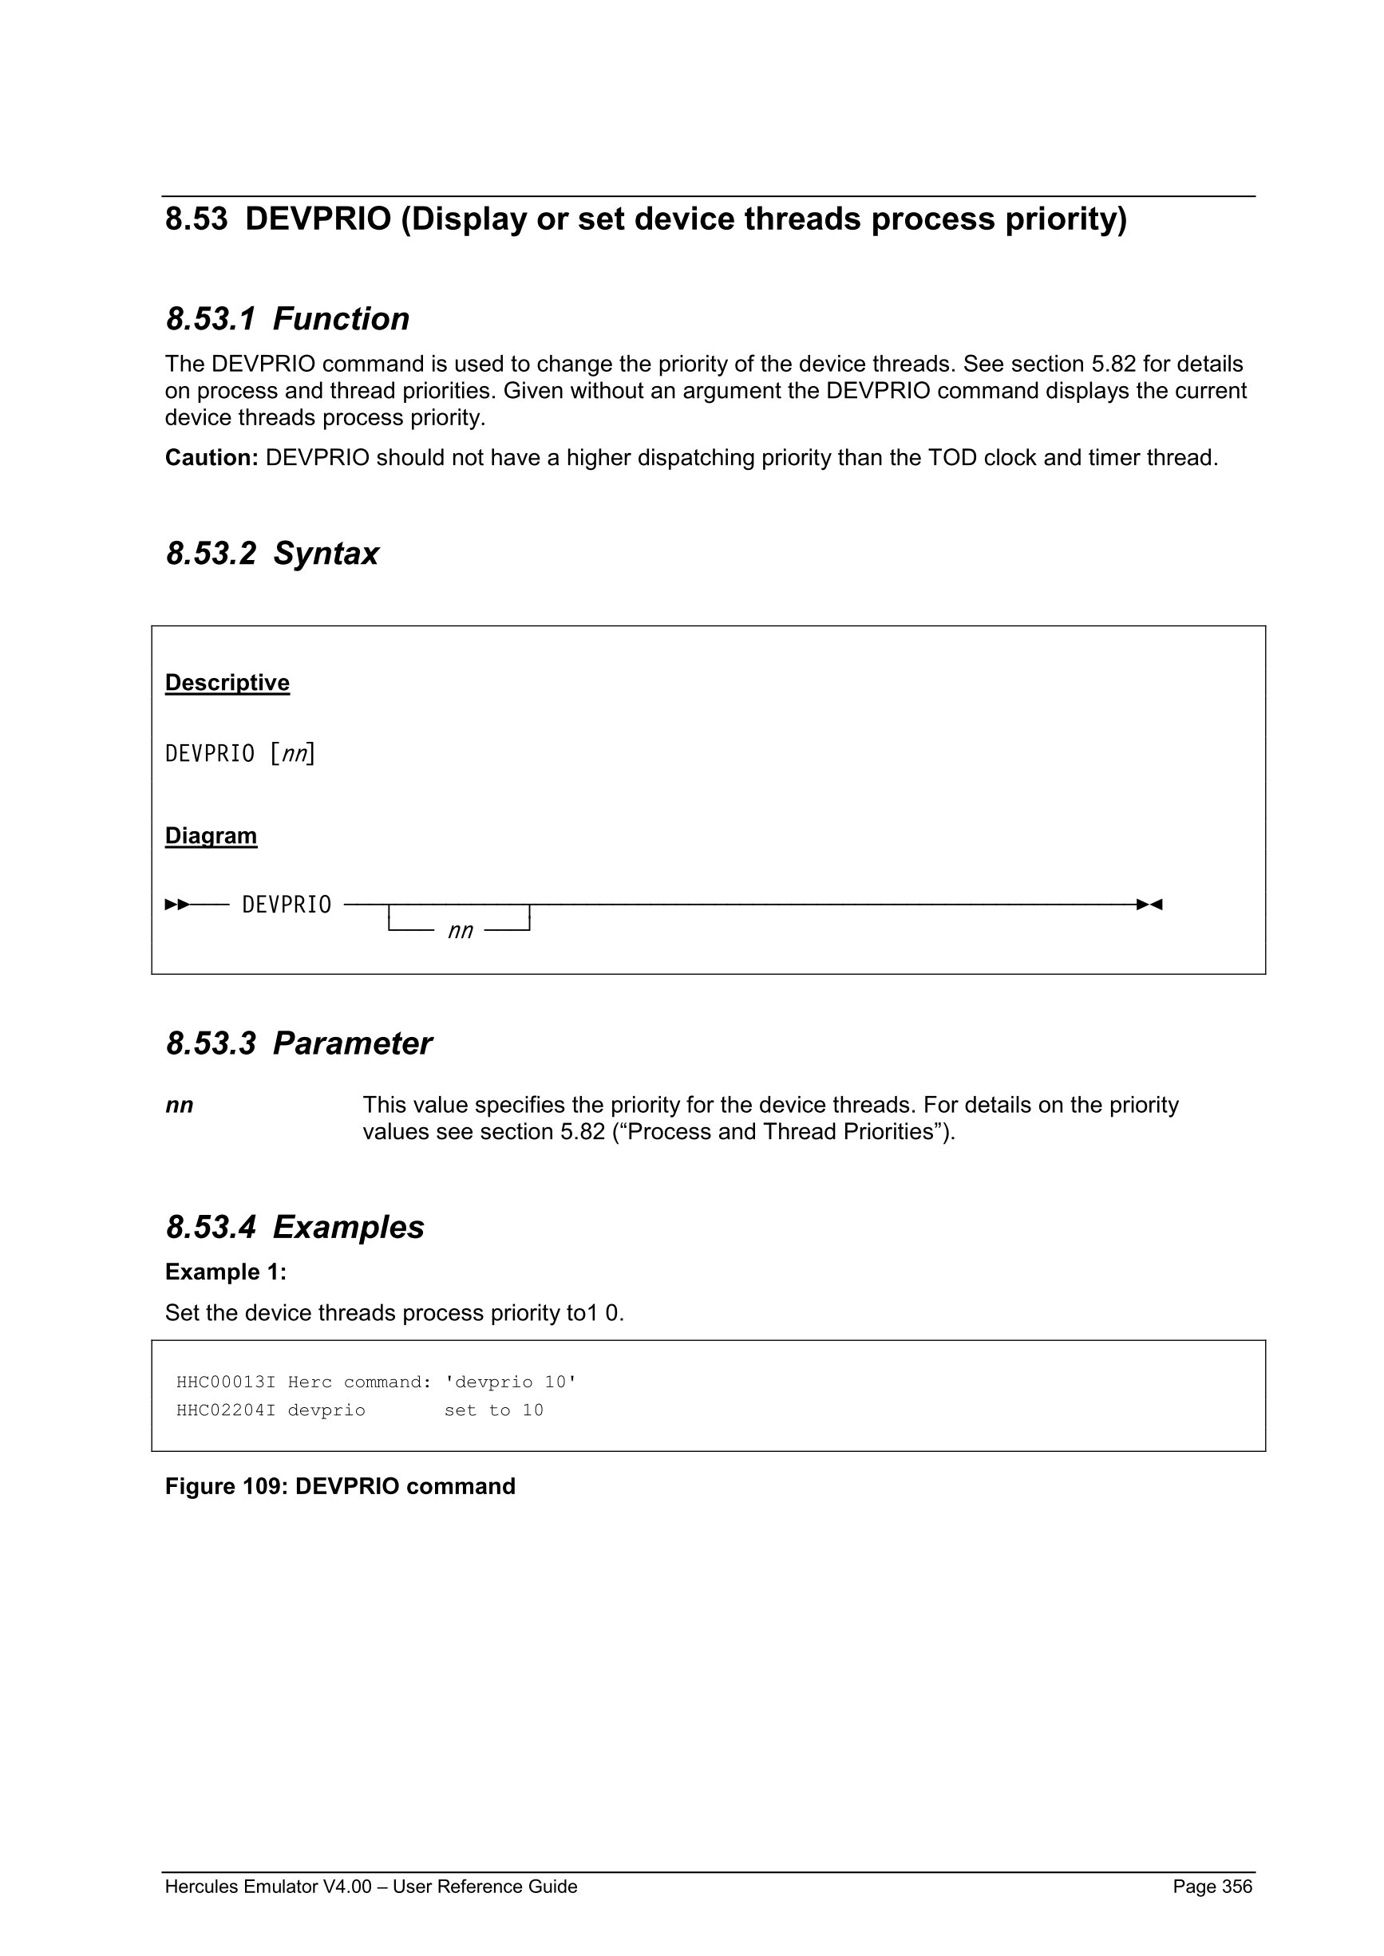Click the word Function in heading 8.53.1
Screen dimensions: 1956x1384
341,319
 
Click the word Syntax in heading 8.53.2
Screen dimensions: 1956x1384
326,554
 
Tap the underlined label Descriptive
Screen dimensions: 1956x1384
227,683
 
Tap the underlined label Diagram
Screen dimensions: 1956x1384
211,836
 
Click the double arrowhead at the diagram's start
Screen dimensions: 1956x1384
177,905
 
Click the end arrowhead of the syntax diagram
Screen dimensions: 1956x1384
1149,905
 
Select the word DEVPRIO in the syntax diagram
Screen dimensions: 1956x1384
287,905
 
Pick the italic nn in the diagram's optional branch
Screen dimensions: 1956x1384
461,931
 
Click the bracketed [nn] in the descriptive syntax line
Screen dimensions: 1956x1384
292,754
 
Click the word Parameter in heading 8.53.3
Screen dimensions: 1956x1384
352,1043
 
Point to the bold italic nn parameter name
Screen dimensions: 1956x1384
179,1106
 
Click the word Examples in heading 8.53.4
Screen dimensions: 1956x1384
348,1228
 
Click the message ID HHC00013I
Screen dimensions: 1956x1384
226,1382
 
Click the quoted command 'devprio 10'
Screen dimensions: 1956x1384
511,1382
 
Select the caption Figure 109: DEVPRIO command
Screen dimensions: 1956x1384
340,1487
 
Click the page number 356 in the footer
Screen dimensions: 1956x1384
1236,1887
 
